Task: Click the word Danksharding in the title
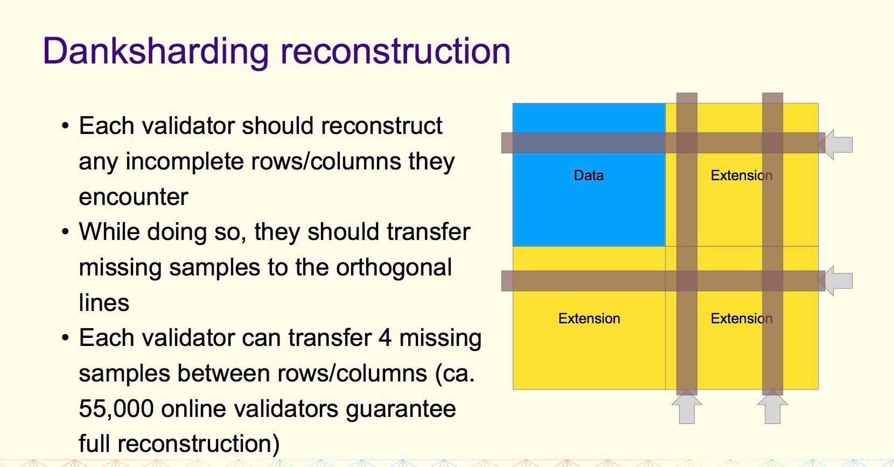(156, 52)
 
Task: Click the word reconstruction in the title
(395, 52)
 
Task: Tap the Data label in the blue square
(589, 175)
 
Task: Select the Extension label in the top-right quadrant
(742, 175)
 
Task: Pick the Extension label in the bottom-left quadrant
(589, 319)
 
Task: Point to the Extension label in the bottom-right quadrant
(742, 319)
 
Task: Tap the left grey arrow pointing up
(687, 406)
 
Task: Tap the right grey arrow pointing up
(773, 406)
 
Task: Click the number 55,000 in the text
(116, 409)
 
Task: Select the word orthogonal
(394, 267)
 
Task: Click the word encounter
(134, 197)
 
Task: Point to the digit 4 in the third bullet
(385, 338)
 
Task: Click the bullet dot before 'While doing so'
(66, 232)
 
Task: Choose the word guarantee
(401, 409)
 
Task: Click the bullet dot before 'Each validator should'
(66, 126)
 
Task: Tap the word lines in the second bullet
(104, 303)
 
